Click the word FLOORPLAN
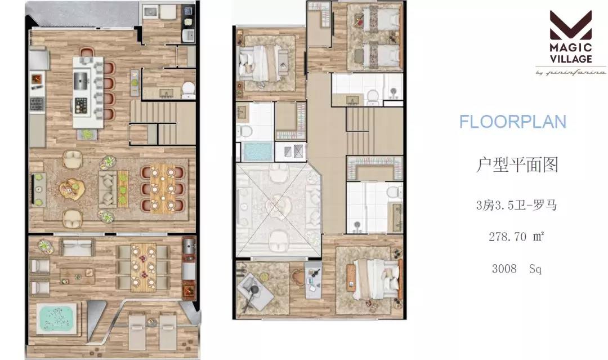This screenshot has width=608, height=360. tap(513, 122)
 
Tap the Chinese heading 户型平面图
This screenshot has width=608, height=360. tap(517, 165)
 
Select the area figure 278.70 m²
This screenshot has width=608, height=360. tap(516, 236)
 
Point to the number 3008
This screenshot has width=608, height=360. tap(504, 268)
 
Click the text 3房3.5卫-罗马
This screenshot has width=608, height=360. tap(516, 205)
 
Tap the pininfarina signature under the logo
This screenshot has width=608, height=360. tap(571, 72)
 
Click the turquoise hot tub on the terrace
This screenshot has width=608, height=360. tap(56, 318)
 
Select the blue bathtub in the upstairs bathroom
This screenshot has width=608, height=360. tap(257, 152)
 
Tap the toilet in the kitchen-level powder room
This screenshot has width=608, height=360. tap(189, 90)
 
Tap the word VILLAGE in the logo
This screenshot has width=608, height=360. tap(571, 59)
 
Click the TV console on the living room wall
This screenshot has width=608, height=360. tap(38, 190)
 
